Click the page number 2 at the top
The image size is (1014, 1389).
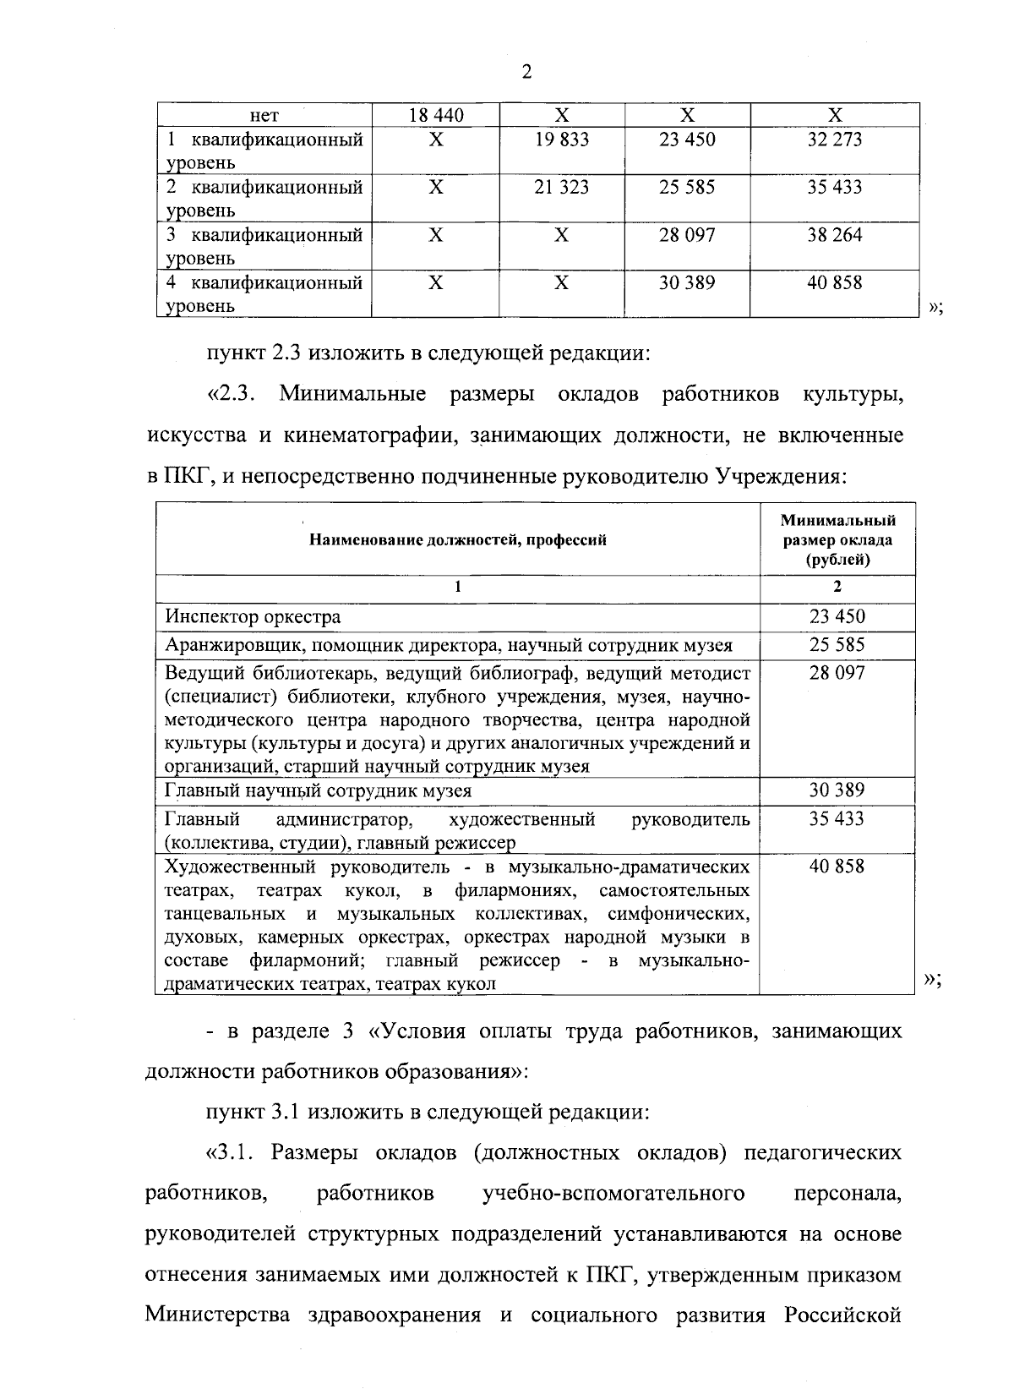point(526,73)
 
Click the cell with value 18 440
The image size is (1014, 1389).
point(436,116)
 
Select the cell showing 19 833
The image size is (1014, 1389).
point(561,139)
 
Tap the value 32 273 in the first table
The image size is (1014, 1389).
point(834,139)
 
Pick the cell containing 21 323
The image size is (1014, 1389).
point(561,187)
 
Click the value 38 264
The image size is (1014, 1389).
point(834,234)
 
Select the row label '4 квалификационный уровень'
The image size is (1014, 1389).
point(264,293)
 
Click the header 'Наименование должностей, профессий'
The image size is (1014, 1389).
point(457,539)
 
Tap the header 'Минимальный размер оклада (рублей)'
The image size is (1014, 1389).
point(837,539)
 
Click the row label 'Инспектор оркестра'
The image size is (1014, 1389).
point(253,617)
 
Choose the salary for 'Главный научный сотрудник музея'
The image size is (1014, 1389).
point(837,790)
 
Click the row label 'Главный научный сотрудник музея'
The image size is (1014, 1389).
point(318,791)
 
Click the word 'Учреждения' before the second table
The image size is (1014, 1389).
point(781,478)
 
